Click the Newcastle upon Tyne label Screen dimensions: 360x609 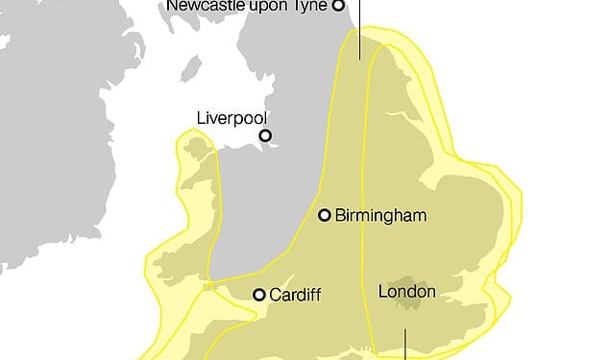click(248, 5)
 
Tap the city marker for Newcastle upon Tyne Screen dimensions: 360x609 click(338, 5)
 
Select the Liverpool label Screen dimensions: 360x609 click(231, 118)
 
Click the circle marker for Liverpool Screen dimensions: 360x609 click(265, 135)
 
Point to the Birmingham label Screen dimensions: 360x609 click(380, 215)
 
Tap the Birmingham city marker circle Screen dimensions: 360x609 click(325, 215)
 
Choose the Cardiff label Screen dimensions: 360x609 click(295, 295)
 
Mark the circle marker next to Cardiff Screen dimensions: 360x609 click(259, 295)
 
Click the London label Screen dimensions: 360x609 click(407, 291)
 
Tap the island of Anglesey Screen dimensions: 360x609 click(199, 147)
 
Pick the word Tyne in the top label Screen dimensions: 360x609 click(311, 5)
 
